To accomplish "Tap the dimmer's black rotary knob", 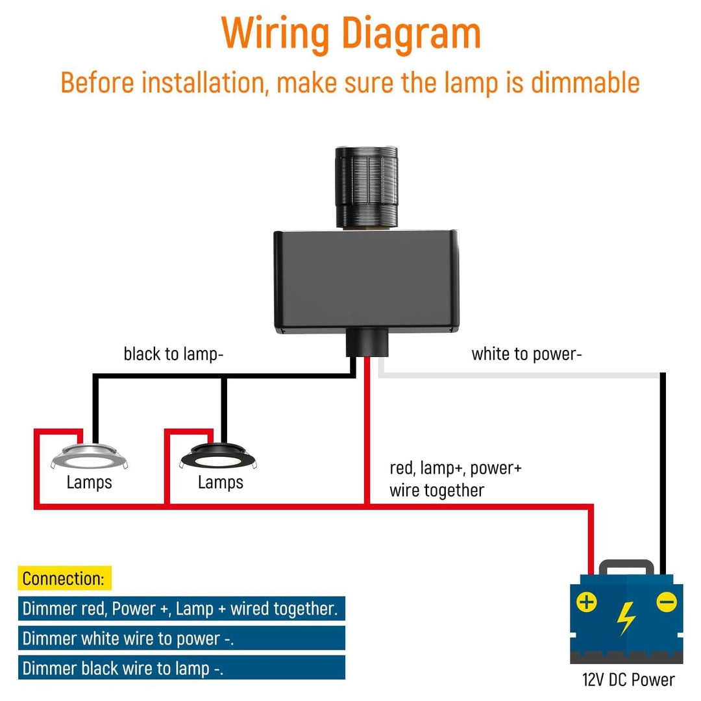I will [x=365, y=186].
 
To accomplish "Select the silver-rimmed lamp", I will [x=90, y=457].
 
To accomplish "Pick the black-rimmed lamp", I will [x=219, y=457].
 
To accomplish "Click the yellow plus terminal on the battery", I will [x=587, y=602].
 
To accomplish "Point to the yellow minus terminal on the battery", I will [x=666, y=602].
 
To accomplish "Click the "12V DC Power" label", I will [x=628, y=680].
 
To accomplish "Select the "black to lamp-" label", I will [x=173, y=354].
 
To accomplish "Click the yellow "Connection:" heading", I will [x=64, y=578].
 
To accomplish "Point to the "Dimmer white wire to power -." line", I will [x=129, y=639].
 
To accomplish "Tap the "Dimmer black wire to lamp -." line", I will [x=123, y=669].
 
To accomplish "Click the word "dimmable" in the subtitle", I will [x=585, y=84].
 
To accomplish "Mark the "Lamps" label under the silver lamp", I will [x=90, y=482].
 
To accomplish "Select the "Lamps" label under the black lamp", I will [x=221, y=482].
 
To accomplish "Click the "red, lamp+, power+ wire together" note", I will [x=454, y=479].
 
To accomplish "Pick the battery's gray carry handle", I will [x=626, y=567].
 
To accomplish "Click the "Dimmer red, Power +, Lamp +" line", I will [x=180, y=609].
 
